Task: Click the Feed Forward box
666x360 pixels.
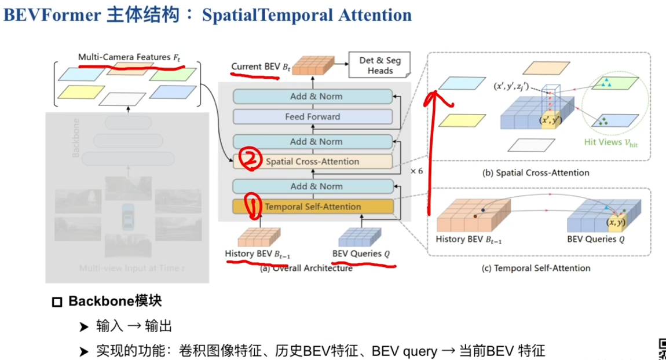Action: click(x=313, y=117)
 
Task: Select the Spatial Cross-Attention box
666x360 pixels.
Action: click(x=313, y=162)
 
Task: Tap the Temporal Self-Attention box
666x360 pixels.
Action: click(x=313, y=207)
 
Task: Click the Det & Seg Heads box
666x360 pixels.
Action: click(x=380, y=65)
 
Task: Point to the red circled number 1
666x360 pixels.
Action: click(x=253, y=205)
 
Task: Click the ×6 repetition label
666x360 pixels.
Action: click(x=416, y=171)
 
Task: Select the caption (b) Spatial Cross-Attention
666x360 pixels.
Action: click(x=536, y=172)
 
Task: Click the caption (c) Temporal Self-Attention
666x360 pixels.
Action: click(x=536, y=268)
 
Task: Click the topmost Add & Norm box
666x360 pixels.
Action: click(x=313, y=97)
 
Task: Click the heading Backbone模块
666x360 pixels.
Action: click(x=115, y=301)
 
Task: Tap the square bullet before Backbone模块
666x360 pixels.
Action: click(x=57, y=302)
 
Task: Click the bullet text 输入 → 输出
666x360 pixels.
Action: click(x=134, y=326)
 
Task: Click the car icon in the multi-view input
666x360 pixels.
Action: click(x=128, y=217)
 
